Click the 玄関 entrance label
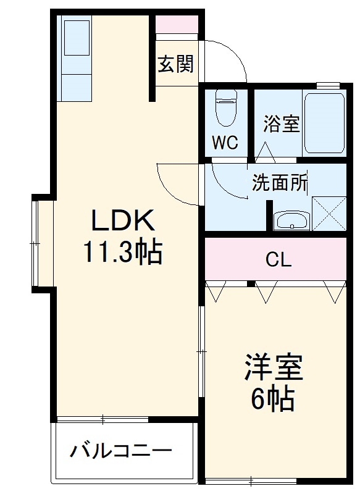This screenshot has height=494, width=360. tap(176, 64)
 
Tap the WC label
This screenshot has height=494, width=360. tap(225, 143)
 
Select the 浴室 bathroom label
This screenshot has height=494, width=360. tap(282, 124)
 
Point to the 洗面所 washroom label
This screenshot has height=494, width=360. tap(279, 183)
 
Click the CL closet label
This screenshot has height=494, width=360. tap(278, 260)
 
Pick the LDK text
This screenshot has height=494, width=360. tap(122, 221)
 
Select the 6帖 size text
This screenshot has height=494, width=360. tap(272, 400)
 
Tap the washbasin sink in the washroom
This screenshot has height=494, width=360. tap(291, 220)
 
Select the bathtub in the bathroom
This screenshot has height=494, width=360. tap(324, 124)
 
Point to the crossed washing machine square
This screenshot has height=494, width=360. tap(329, 214)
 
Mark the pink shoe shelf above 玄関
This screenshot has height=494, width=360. tap(177, 24)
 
